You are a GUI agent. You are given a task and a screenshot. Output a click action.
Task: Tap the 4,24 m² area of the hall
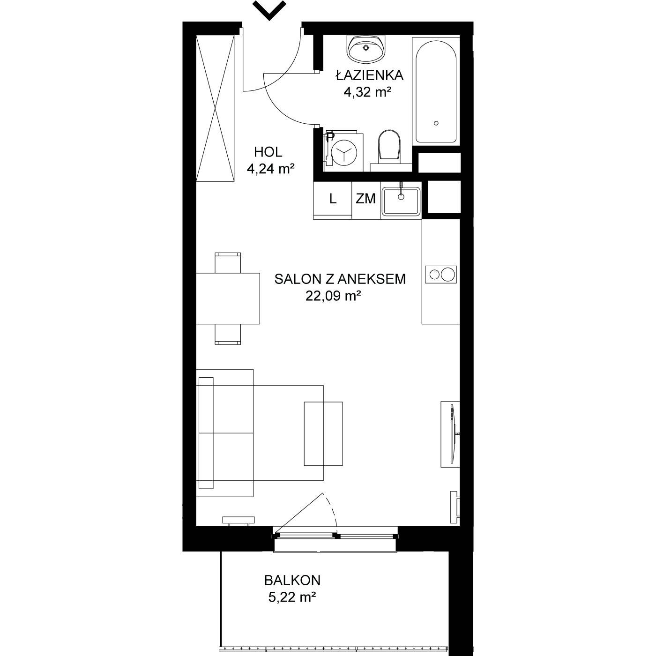tap(270, 169)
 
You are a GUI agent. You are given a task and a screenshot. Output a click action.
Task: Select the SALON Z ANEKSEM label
tap(340, 279)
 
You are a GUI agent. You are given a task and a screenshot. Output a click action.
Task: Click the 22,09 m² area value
tap(333, 296)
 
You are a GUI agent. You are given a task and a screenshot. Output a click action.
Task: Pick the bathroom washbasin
tap(366, 49)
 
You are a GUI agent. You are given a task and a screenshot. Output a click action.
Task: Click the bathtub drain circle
tap(436, 123)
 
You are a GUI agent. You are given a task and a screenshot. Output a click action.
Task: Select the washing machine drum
tap(343, 152)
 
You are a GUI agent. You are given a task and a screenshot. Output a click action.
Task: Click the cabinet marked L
tap(333, 200)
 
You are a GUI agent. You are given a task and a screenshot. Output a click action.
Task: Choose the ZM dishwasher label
tap(365, 199)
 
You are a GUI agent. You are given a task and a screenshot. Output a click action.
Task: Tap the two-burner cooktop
tap(441, 275)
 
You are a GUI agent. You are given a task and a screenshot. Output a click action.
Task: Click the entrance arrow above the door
tap(269, 11)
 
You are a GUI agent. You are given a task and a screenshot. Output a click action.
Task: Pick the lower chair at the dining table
tap(228, 334)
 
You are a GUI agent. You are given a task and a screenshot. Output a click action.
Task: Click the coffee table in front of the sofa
tap(323, 433)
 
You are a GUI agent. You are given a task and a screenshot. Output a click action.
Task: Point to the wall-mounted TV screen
tap(452, 434)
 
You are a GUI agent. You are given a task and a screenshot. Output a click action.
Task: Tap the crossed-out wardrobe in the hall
tap(215, 108)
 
